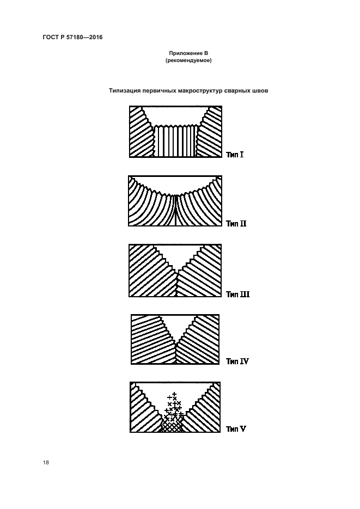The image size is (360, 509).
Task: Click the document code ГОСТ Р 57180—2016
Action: tap(73, 38)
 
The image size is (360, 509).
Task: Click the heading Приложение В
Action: tap(188, 53)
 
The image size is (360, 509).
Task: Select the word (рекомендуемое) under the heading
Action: tap(188, 61)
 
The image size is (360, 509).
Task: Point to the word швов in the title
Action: tap(260, 90)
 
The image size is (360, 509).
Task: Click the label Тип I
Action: tap(235, 155)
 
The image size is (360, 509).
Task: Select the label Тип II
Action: tap(236, 224)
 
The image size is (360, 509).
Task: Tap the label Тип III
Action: tap(238, 295)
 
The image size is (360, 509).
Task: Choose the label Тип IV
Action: tap(237, 361)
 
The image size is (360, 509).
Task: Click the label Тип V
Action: tap(236, 429)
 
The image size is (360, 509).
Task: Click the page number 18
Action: tap(46, 463)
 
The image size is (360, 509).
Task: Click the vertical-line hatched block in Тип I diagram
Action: tap(175, 142)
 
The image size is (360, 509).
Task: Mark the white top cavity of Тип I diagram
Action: tap(175, 115)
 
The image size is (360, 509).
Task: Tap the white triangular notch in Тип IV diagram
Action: tap(175, 326)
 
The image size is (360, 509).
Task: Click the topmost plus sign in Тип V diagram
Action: tap(174, 394)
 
